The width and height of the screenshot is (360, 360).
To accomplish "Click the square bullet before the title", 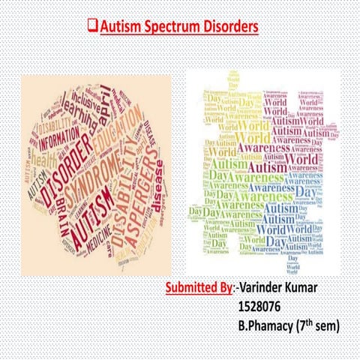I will (x=92, y=27).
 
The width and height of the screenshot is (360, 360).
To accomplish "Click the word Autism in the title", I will (x=123, y=27).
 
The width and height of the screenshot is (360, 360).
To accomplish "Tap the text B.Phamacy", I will (x=266, y=326).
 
